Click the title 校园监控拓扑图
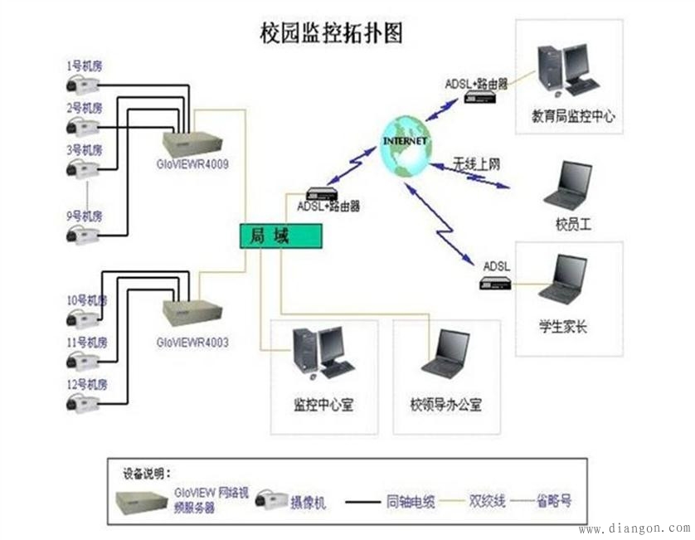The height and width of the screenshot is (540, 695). coord(331,33)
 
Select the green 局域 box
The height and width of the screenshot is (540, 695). coord(279,236)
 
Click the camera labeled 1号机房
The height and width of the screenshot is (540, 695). coord(83,83)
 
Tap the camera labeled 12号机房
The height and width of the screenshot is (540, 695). coord(83,403)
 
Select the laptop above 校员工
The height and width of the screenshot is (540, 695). coord(570,185)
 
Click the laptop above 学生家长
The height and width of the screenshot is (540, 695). coord(564,280)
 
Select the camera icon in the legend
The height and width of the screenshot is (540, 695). coord(270,500)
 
